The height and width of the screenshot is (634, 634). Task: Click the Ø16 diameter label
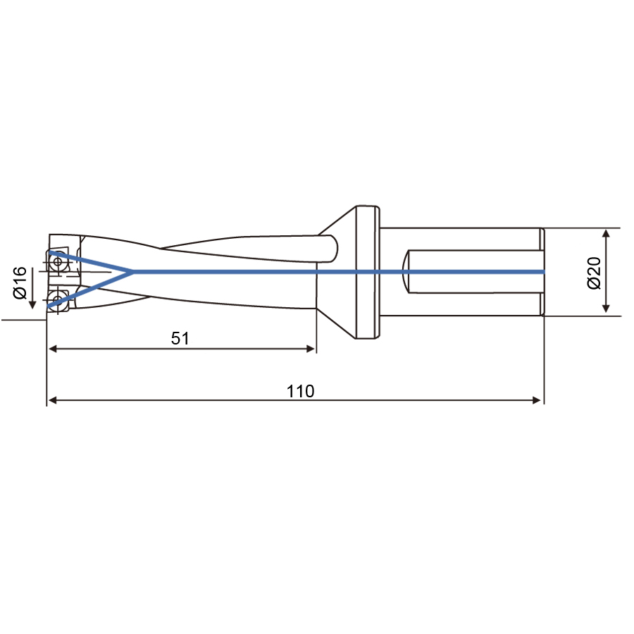coord(20,282)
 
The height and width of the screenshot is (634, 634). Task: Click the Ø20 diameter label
coord(594,273)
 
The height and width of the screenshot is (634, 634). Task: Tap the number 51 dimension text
coord(180,338)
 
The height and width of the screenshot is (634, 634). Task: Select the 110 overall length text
coord(300,391)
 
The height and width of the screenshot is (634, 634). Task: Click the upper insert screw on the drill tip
coord(58,261)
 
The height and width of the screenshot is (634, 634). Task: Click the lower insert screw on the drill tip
coord(58,299)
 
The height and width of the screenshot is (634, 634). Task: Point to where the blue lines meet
coord(132,272)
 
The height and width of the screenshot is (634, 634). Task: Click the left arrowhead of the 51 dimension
coord(52,349)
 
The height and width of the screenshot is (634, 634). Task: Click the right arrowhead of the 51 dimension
coord(311,349)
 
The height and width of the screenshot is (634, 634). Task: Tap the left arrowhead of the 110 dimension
coord(52,400)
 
